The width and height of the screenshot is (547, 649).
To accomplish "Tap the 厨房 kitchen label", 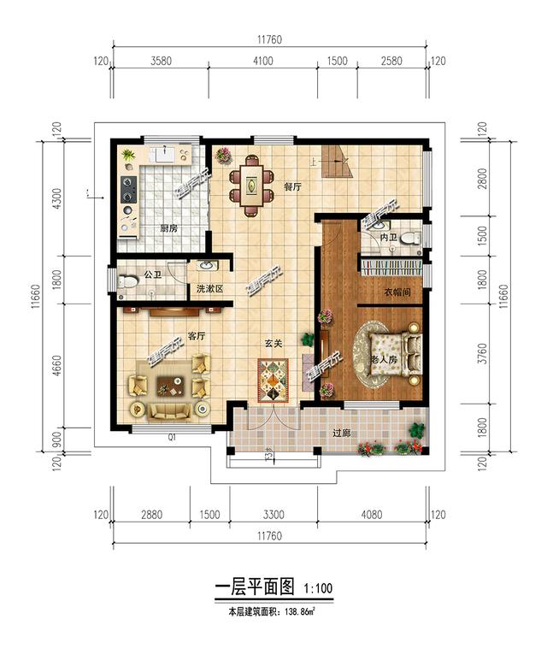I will point(168,228).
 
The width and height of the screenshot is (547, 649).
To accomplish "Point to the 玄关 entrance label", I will point(273,344).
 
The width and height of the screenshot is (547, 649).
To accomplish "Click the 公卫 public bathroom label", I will point(153,275).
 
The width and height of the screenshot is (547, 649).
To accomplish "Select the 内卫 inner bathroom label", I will point(390,236).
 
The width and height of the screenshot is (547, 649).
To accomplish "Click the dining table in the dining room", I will point(251,183).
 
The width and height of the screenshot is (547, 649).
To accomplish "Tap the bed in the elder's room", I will point(395,351).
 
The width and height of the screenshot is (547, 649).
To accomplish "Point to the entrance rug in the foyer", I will point(273,380).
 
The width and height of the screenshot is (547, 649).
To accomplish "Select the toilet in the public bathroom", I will point(128,281).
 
